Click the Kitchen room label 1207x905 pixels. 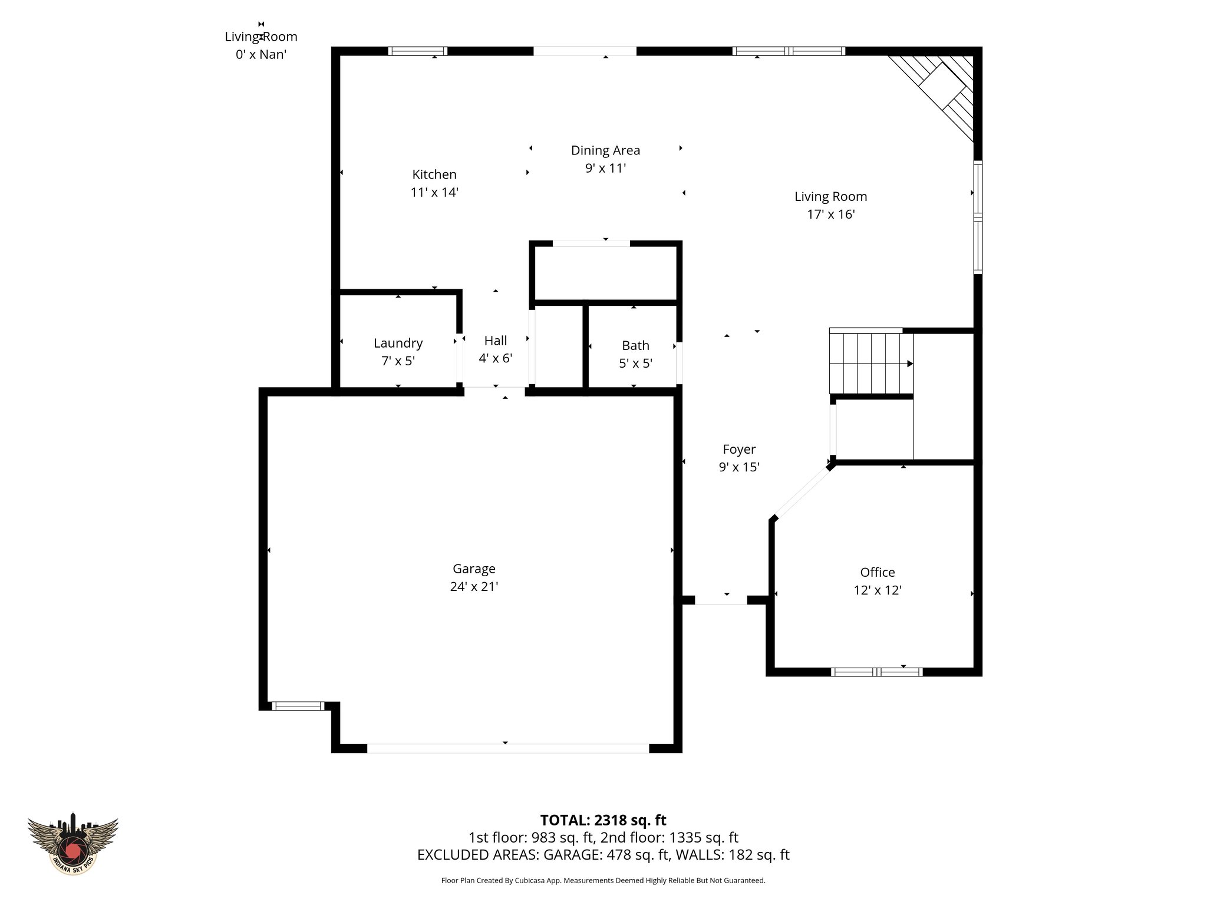434,174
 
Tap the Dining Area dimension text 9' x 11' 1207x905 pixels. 605,169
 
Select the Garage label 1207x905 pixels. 474,569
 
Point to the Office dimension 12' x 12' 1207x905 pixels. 878,590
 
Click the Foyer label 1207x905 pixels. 739,450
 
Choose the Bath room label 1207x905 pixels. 635,345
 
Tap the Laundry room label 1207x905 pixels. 398,343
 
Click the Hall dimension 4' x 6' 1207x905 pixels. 495,358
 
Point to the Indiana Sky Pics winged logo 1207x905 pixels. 73,843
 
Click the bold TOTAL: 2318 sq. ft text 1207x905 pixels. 603,820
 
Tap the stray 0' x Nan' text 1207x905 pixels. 261,55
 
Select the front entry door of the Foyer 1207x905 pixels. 721,600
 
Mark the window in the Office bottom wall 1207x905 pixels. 876,672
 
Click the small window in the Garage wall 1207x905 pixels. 298,706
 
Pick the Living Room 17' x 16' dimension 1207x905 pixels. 830,214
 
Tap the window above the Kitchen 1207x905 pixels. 417,51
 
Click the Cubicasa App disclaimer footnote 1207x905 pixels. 603,881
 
